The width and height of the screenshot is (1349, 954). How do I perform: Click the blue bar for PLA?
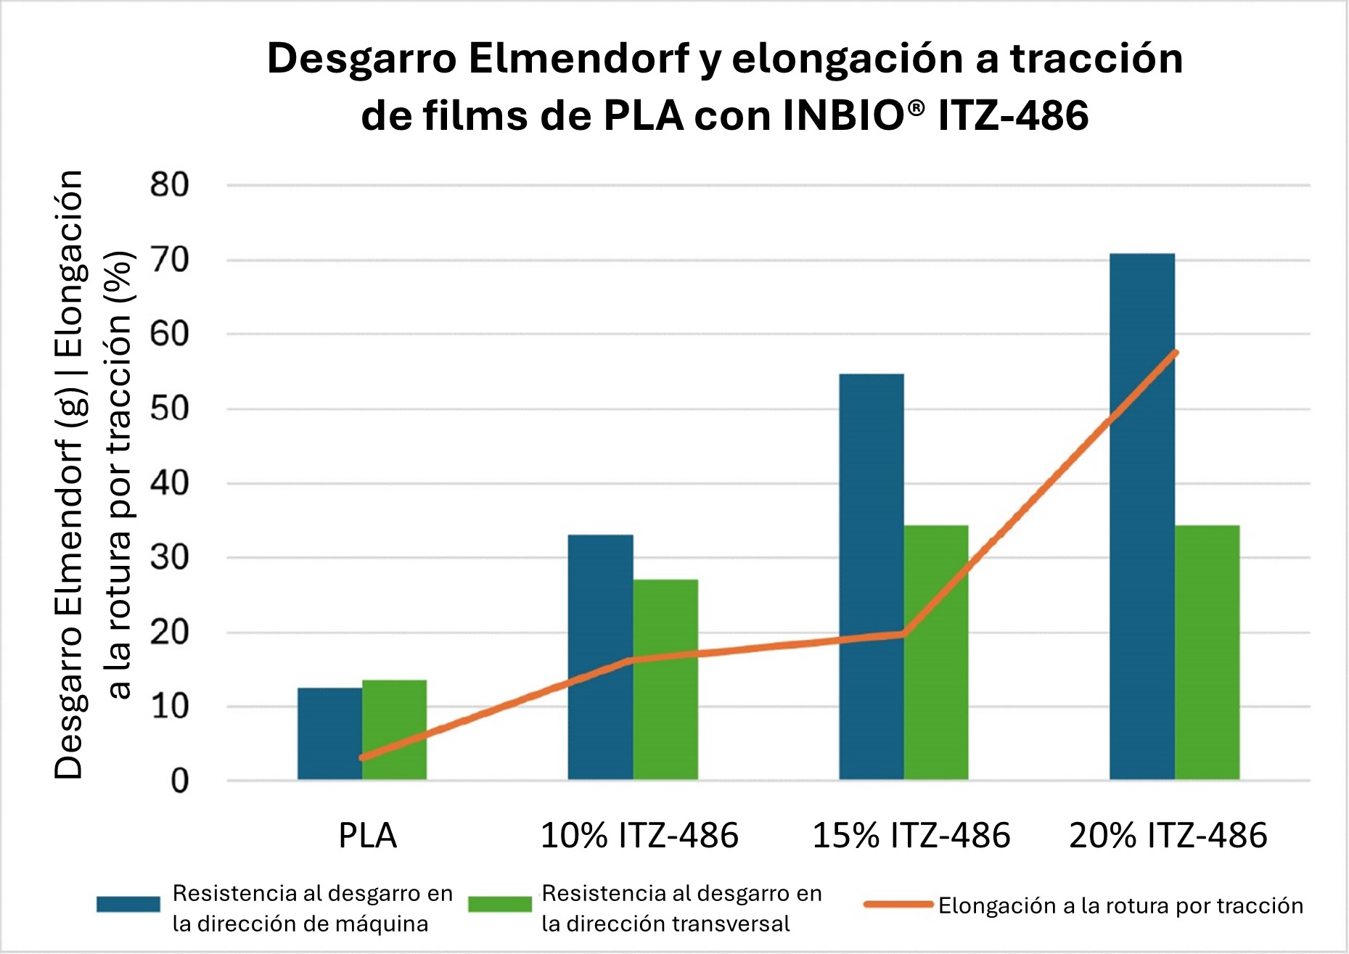[329, 733]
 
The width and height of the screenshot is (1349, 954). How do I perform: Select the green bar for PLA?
[394, 730]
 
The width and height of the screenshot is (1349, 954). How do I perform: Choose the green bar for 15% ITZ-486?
[936, 652]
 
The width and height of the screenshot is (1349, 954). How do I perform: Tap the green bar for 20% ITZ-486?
[1207, 652]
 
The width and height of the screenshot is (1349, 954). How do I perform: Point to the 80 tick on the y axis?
[170, 185]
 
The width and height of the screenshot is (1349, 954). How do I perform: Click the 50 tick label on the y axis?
[170, 409]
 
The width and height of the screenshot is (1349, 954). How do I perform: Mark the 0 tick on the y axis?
[179, 781]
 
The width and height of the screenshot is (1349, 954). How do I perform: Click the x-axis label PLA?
[368, 836]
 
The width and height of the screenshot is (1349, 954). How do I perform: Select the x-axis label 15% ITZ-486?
[911, 836]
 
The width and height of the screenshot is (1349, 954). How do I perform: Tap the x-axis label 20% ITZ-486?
[1168, 836]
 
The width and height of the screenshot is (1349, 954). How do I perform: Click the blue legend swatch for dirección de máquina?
[128, 904]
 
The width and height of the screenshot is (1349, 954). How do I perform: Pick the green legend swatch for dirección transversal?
[499, 904]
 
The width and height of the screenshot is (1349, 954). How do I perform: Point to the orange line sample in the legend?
[898, 904]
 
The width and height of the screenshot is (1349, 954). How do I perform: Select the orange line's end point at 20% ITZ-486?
[1175, 353]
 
